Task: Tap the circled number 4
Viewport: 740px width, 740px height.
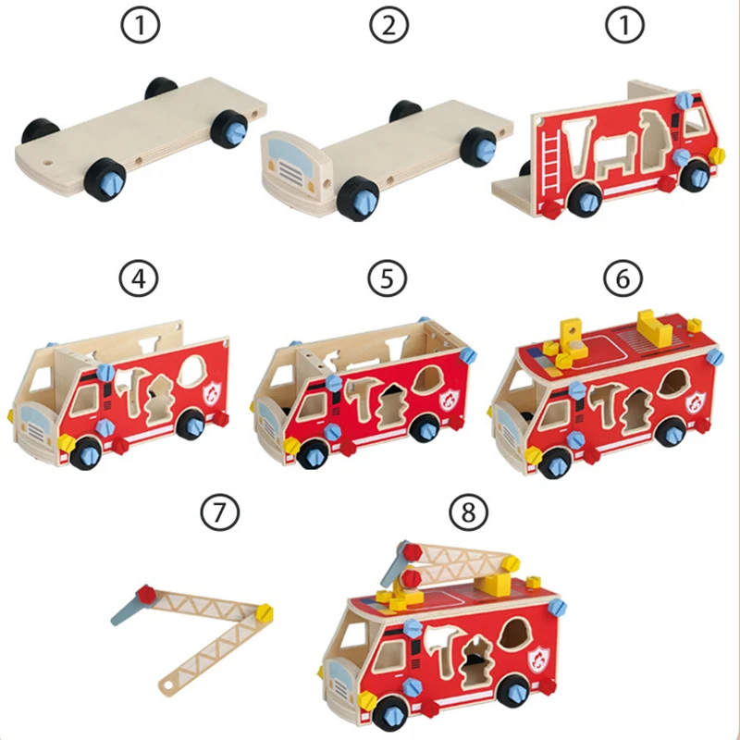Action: tap(138, 277)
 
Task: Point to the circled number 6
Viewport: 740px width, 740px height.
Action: tap(622, 277)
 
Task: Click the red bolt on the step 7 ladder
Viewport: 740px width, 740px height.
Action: tap(144, 593)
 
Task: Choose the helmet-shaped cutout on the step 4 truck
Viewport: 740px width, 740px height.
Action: tap(192, 371)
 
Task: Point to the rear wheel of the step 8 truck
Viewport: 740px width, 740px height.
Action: tap(512, 693)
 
